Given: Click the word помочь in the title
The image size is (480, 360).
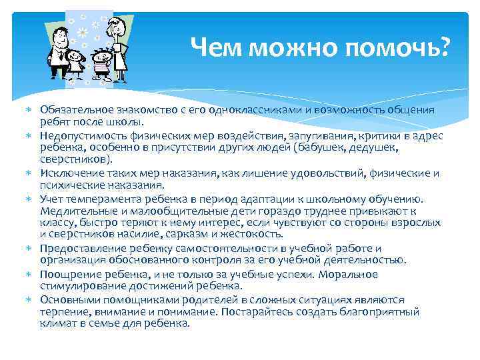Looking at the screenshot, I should pyautogui.click(x=401, y=47).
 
